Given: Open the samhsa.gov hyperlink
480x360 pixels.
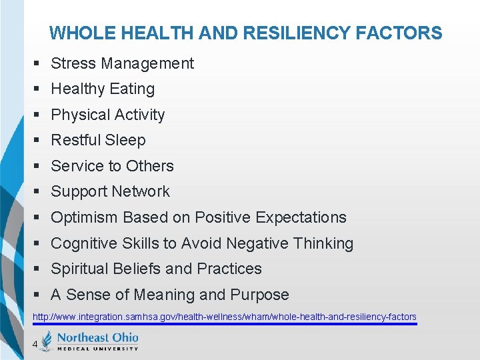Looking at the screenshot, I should pyautogui.click(x=225, y=317).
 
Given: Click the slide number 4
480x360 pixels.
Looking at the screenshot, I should pyautogui.click(x=34, y=344).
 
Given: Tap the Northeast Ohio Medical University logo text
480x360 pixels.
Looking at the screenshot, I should pyautogui.click(x=97, y=341).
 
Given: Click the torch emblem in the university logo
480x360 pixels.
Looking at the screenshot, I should pyautogui.click(x=46, y=341).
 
